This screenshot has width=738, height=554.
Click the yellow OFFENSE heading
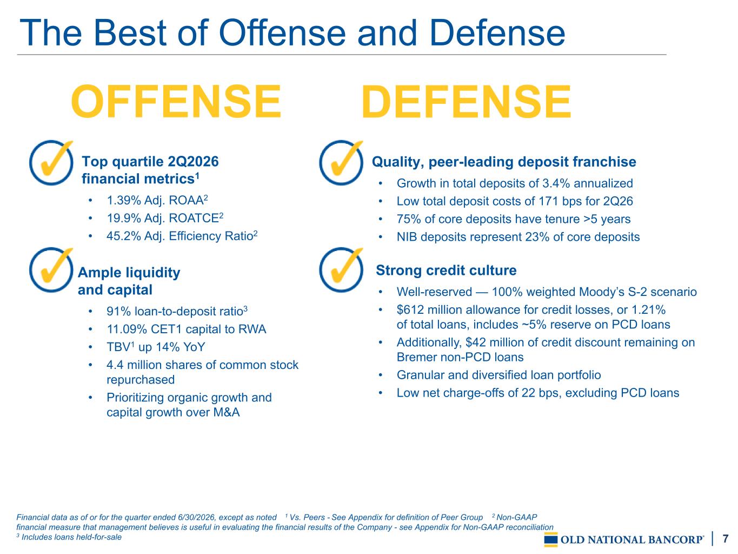(176, 101)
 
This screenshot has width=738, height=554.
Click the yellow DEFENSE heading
(466, 101)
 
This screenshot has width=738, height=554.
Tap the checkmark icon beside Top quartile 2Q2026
(51, 162)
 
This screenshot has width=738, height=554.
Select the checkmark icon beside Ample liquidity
(51, 270)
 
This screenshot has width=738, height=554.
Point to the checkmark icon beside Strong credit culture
(341, 270)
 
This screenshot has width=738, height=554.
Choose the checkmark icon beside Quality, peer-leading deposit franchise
(341, 162)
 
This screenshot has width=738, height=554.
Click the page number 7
(726, 538)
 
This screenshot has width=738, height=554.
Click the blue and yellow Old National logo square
(551, 539)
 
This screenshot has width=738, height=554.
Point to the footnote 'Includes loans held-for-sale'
(69, 537)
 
